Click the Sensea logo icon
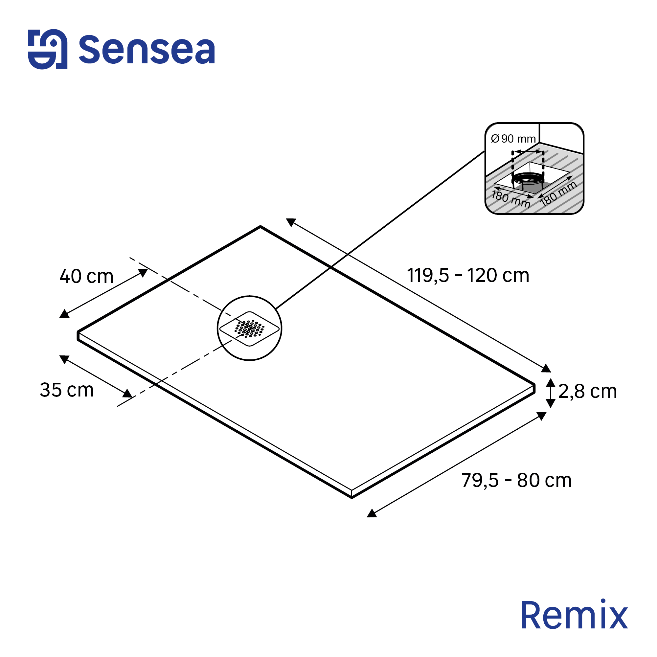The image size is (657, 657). pos(48,49)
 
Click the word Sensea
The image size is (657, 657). pos(147,50)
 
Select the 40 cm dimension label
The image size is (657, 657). pos(86,276)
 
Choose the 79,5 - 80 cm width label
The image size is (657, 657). pos(516,480)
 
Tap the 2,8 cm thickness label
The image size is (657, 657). pos(588,392)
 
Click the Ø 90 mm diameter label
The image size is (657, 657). pos(513,139)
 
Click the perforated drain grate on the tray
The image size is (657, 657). pos(250,328)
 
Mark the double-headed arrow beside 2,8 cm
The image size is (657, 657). pos(551,393)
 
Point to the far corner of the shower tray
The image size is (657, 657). pos(260,226)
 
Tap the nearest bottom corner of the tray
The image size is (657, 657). pos(352,497)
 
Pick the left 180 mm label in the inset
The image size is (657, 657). pos(511,199)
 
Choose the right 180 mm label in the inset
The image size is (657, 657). pos(558,193)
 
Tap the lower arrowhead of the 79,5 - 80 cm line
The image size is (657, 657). pos(372,513)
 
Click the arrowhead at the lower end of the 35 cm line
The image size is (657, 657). pos(127,394)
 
